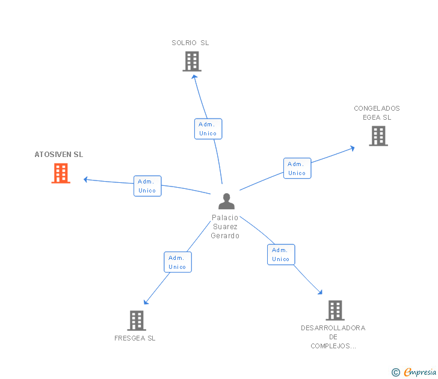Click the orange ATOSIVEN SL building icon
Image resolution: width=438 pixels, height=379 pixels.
coord(61,173)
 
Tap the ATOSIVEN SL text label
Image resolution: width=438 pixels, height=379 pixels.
coord(59,155)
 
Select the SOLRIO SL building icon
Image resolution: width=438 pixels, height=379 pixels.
coord(192,61)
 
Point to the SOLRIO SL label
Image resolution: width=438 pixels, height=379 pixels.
coord(190,43)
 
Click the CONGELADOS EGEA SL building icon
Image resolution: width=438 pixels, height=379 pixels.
coord(378,136)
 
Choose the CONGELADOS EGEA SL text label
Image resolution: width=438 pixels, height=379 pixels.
coord(377,113)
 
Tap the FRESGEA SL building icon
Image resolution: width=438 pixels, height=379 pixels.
coord(137,320)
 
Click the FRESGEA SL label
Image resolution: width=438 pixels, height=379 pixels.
coord(135,338)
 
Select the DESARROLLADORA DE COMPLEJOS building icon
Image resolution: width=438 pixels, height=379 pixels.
coord(335,310)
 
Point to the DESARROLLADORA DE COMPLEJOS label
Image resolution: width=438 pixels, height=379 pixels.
coord(333,337)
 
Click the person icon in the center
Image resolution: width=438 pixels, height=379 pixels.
coord(226,201)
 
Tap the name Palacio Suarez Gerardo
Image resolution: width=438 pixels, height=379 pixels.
coord(225,227)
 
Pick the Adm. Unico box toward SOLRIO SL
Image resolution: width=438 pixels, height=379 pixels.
coord(208,129)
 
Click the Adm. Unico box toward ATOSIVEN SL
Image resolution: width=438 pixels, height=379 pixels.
coord(147,186)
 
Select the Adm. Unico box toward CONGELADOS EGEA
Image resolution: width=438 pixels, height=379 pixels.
coord(297,168)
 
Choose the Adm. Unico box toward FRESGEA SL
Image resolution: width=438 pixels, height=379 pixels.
coord(177,262)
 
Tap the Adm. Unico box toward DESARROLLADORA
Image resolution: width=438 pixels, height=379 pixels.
coord(281,254)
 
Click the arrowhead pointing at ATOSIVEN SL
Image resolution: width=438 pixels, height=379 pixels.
coord(86,179)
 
